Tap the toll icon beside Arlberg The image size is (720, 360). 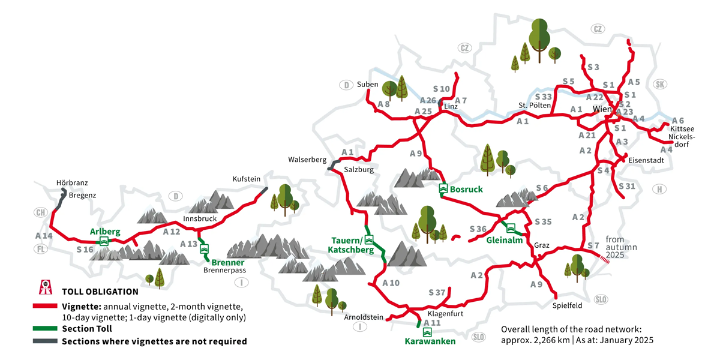[104, 241]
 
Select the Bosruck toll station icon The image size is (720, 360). [443, 188]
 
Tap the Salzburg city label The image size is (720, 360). [359, 170]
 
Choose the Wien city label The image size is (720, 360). [602, 110]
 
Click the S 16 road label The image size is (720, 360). [85, 249]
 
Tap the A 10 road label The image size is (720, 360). [391, 283]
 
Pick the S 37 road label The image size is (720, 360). [438, 292]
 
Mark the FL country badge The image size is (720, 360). [40, 249]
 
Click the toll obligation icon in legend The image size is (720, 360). [43, 287]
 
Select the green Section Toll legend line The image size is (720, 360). [44, 329]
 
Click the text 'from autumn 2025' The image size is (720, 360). [619, 247]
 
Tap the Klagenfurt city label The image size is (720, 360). [446, 314]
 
